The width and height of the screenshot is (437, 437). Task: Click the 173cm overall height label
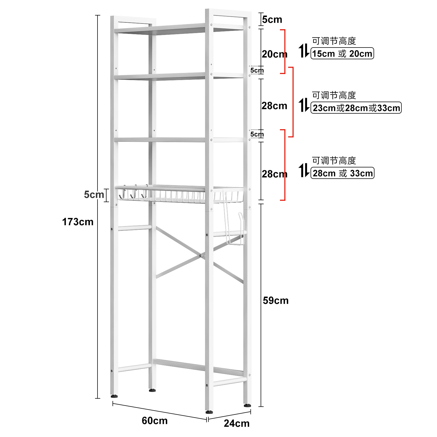tap(78, 222)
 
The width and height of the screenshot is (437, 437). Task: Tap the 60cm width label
tap(155, 421)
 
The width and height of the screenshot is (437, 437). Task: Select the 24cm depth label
tap(237, 423)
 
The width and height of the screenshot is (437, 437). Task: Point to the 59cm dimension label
tap(276, 300)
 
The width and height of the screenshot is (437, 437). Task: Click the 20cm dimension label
tap(274, 54)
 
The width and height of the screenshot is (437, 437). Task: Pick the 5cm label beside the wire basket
tap(94, 194)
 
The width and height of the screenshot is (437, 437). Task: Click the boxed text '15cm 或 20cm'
tap(342, 54)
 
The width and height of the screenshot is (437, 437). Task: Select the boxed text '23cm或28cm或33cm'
tap(356, 108)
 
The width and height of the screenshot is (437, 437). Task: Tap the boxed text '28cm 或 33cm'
tap(342, 173)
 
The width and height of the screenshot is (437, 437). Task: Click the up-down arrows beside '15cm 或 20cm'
tap(304, 51)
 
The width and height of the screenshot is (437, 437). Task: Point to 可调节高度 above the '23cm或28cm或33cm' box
tap(334, 95)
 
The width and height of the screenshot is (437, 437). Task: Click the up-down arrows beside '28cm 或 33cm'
tap(304, 170)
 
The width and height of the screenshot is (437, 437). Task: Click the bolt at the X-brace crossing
tap(200, 256)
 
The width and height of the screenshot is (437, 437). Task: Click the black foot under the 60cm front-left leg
tap(114, 396)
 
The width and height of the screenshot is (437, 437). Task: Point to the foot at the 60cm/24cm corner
tap(209, 412)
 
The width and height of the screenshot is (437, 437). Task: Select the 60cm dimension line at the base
tap(160, 411)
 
